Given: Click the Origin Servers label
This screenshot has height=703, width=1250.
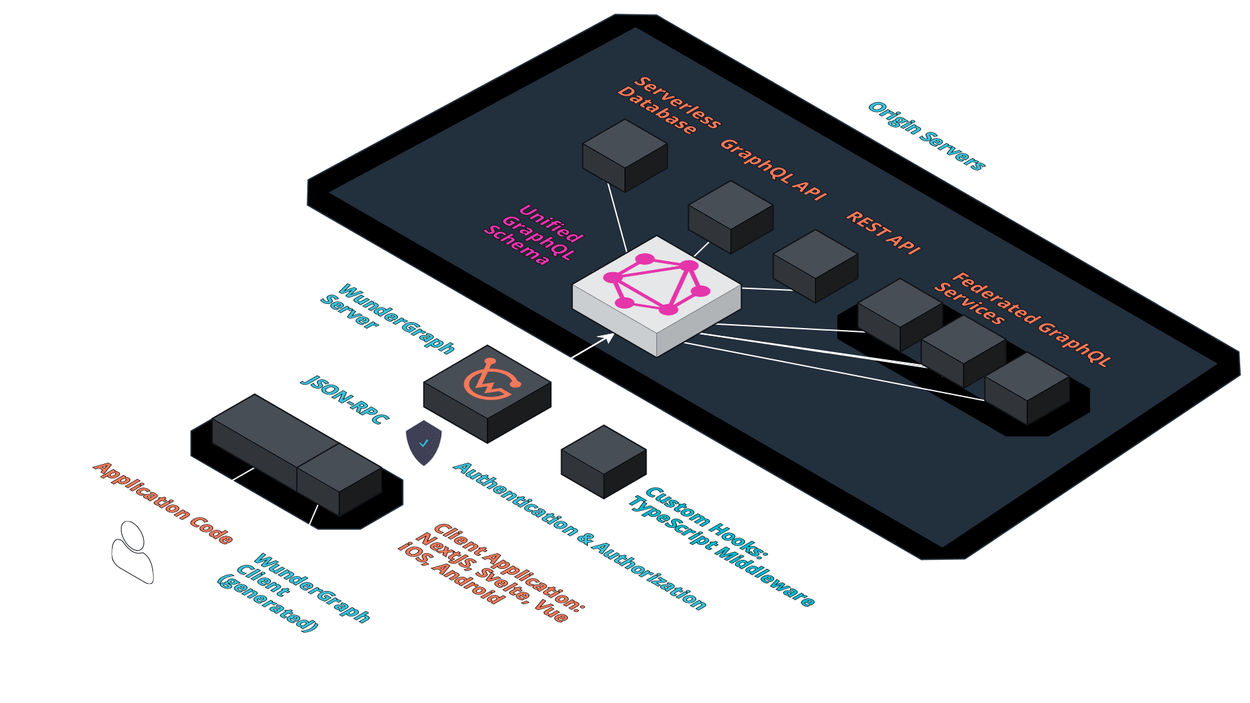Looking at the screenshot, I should (926, 136).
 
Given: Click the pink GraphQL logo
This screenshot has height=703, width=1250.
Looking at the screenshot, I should (656, 284).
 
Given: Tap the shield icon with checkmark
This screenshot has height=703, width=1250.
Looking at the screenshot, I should (423, 443).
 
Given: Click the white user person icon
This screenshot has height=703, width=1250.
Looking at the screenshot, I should (133, 552).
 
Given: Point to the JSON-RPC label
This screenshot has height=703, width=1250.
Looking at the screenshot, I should (345, 400).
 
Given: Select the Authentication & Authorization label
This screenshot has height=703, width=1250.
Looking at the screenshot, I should (579, 536).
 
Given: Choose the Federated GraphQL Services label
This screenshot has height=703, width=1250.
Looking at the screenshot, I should (1022, 319).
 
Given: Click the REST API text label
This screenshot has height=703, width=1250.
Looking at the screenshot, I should (883, 232).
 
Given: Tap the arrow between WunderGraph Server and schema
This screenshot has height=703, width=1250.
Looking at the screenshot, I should (577, 354).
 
